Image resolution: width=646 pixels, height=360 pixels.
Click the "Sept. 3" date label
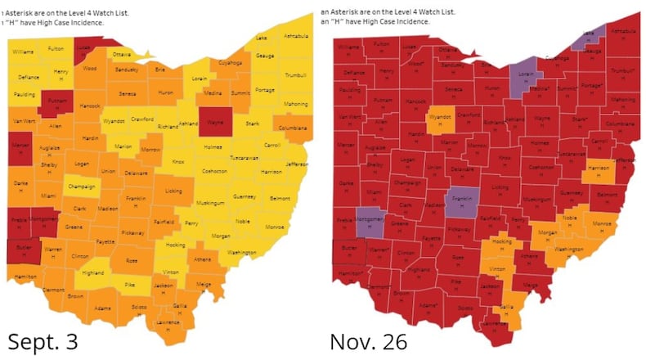click(43, 341)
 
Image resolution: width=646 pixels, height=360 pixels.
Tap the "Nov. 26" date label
click(368, 341)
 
